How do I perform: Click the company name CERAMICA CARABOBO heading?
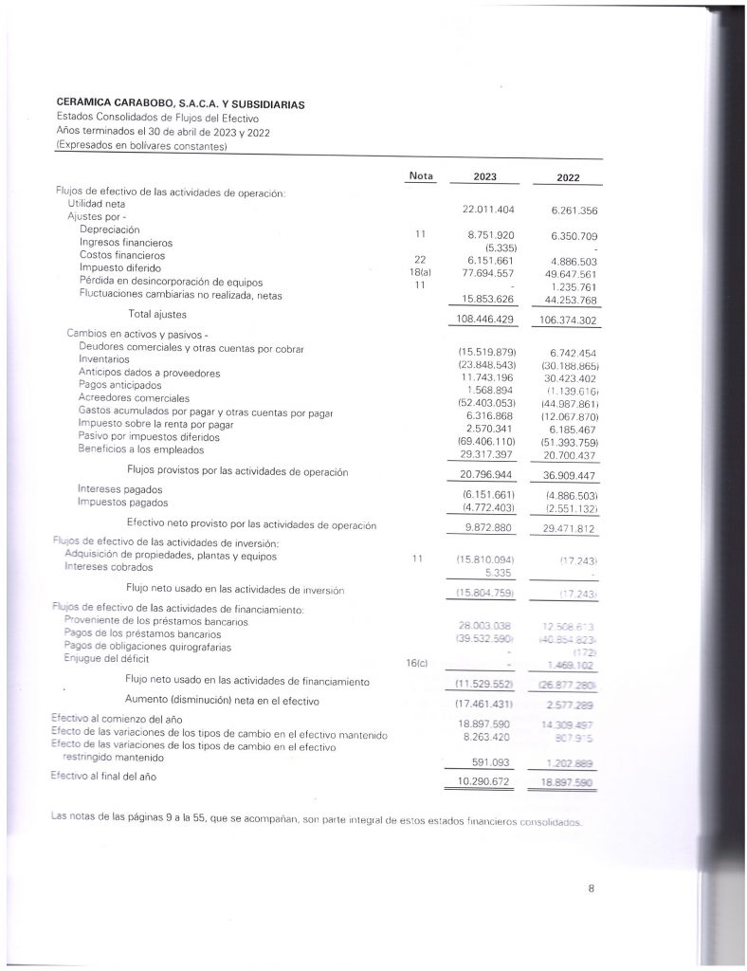pyautogui.click(x=180, y=104)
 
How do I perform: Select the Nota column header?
pyautogui.click(x=419, y=175)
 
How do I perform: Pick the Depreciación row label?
pyautogui.click(x=110, y=229)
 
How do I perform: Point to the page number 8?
pyautogui.click(x=591, y=888)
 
